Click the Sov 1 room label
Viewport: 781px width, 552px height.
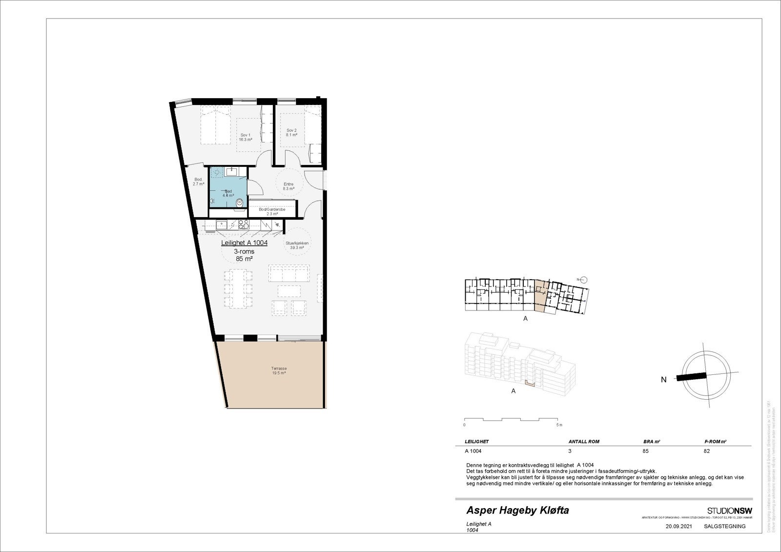click(245, 137)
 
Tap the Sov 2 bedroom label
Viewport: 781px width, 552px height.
click(292, 132)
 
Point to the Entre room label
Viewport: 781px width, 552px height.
click(288, 186)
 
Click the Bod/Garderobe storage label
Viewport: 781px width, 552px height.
click(272, 211)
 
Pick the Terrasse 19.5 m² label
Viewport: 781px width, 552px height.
click(279, 370)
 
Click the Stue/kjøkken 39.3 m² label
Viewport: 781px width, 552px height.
click(297, 245)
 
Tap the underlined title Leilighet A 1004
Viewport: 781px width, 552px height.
click(244, 243)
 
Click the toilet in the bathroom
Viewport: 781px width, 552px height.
click(239, 203)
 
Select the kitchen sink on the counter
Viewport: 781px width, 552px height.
click(222, 225)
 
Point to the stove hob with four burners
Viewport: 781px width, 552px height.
click(243, 225)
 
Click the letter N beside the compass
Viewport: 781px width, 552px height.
click(663, 380)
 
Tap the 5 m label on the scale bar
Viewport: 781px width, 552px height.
click(560, 425)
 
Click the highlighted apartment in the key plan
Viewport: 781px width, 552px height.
click(540, 296)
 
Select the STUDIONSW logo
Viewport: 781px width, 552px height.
click(729, 511)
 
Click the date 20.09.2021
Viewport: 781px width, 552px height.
click(678, 527)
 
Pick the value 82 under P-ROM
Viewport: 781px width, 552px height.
click(707, 451)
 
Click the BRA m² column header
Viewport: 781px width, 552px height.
click(652, 442)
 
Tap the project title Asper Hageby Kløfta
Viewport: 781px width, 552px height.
click(517, 511)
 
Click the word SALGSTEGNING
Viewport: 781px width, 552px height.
click(725, 527)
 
